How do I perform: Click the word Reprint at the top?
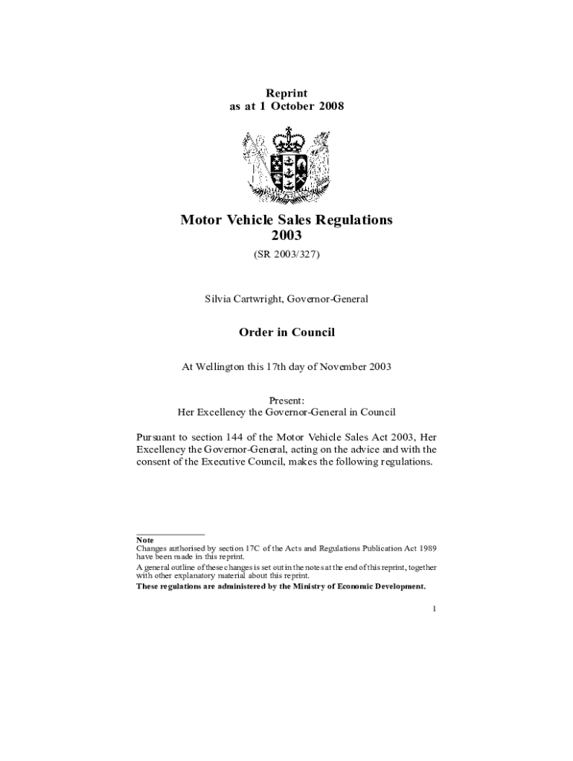point(286,93)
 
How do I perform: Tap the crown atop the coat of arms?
point(286,139)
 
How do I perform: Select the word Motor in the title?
point(200,220)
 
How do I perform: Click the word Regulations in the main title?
point(351,220)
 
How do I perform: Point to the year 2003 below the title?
point(286,236)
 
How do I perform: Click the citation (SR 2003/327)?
point(286,254)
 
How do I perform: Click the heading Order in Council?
point(286,332)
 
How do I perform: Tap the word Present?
point(286,401)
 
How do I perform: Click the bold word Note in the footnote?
point(144,540)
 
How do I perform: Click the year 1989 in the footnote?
point(428,548)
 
